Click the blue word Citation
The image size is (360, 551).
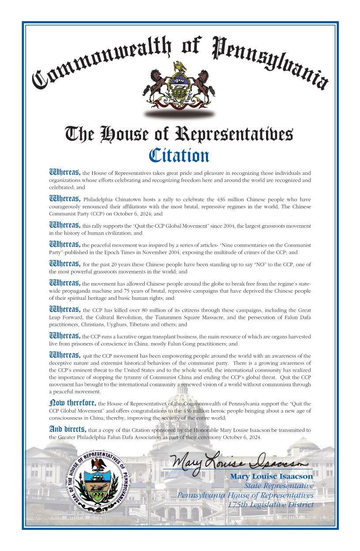tap(179, 155)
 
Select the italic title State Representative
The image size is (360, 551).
tap(279, 486)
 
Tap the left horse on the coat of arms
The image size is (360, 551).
tap(154, 84)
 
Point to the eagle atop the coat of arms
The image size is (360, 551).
tap(179, 67)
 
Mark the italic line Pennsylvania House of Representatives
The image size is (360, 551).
tap(245, 495)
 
